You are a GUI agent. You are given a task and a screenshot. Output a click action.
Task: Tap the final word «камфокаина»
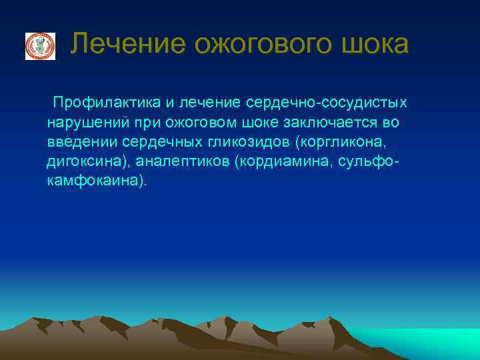(93, 181)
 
